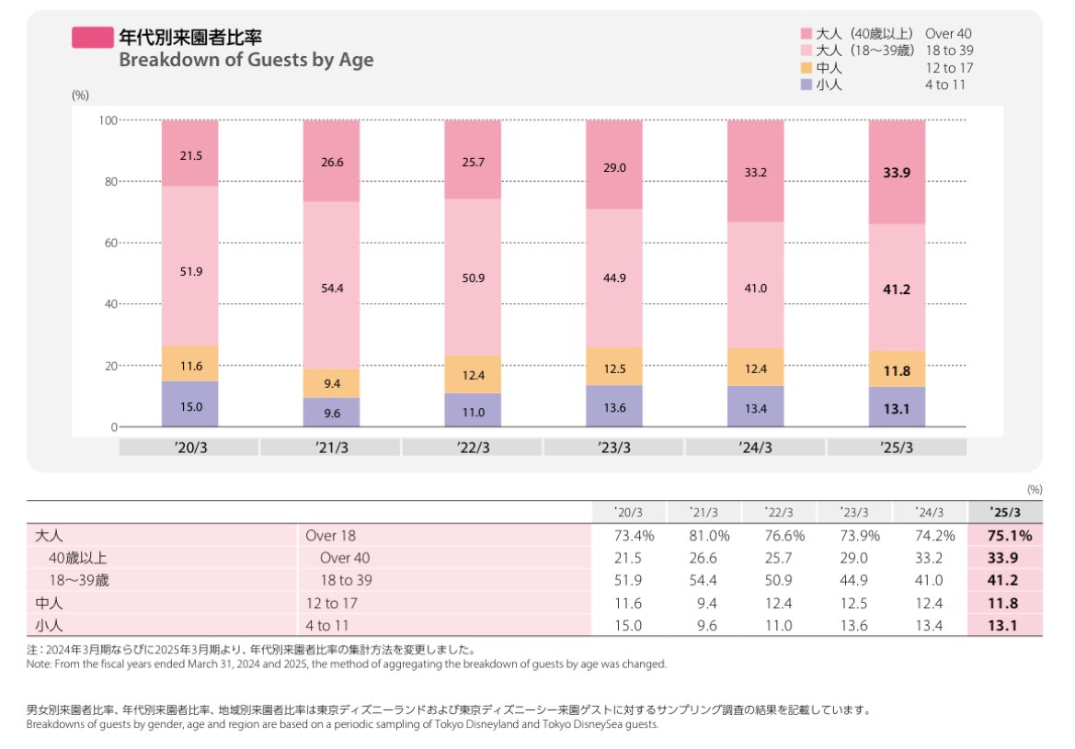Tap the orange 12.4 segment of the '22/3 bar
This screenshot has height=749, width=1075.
pyautogui.click(x=473, y=374)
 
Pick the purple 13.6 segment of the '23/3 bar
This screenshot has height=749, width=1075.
pyautogui.click(x=614, y=406)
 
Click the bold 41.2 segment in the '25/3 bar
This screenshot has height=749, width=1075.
pyautogui.click(x=897, y=288)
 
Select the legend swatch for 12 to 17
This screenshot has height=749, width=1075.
pyautogui.click(x=806, y=68)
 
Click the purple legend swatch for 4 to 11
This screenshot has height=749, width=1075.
pyautogui.click(x=806, y=85)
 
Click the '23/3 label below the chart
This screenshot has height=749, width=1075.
pyautogui.click(x=614, y=448)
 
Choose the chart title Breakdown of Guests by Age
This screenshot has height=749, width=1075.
pyautogui.click(x=246, y=61)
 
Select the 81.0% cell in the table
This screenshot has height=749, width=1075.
pyautogui.click(x=710, y=535)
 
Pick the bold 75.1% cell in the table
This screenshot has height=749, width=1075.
pyautogui.click(x=1007, y=535)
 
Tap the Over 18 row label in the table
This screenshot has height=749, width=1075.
pyautogui.click(x=329, y=535)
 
